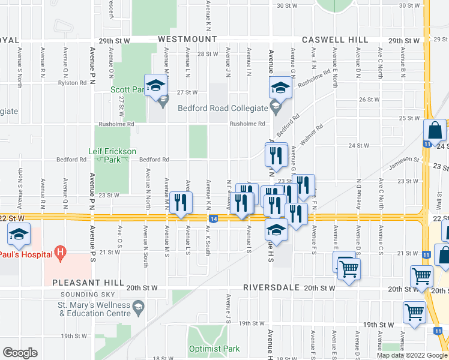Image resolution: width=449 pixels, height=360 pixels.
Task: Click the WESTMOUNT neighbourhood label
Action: coord(187,39)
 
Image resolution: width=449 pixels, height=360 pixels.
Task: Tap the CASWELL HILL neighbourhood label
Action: coord(335,39)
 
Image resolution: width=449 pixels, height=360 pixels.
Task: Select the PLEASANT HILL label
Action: coord(88,282)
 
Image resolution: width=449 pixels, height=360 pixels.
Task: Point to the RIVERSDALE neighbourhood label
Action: coord(272,287)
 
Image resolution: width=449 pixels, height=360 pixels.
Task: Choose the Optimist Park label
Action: coord(214,349)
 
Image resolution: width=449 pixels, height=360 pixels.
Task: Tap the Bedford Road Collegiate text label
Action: coord(222,109)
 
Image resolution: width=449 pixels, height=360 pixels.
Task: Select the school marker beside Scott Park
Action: coord(155,86)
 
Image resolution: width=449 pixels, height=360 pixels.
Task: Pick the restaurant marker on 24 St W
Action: coord(277,154)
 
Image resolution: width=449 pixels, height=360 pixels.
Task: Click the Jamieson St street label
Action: coord(403,159)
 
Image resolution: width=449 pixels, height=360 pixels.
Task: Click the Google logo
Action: coord(20,352)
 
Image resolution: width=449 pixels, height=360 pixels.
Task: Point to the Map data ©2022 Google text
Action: coord(411,355)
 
